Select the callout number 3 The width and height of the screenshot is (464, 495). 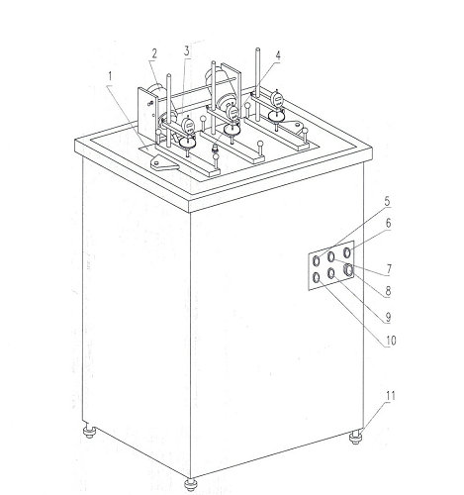pyautogui.click(x=186, y=50)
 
